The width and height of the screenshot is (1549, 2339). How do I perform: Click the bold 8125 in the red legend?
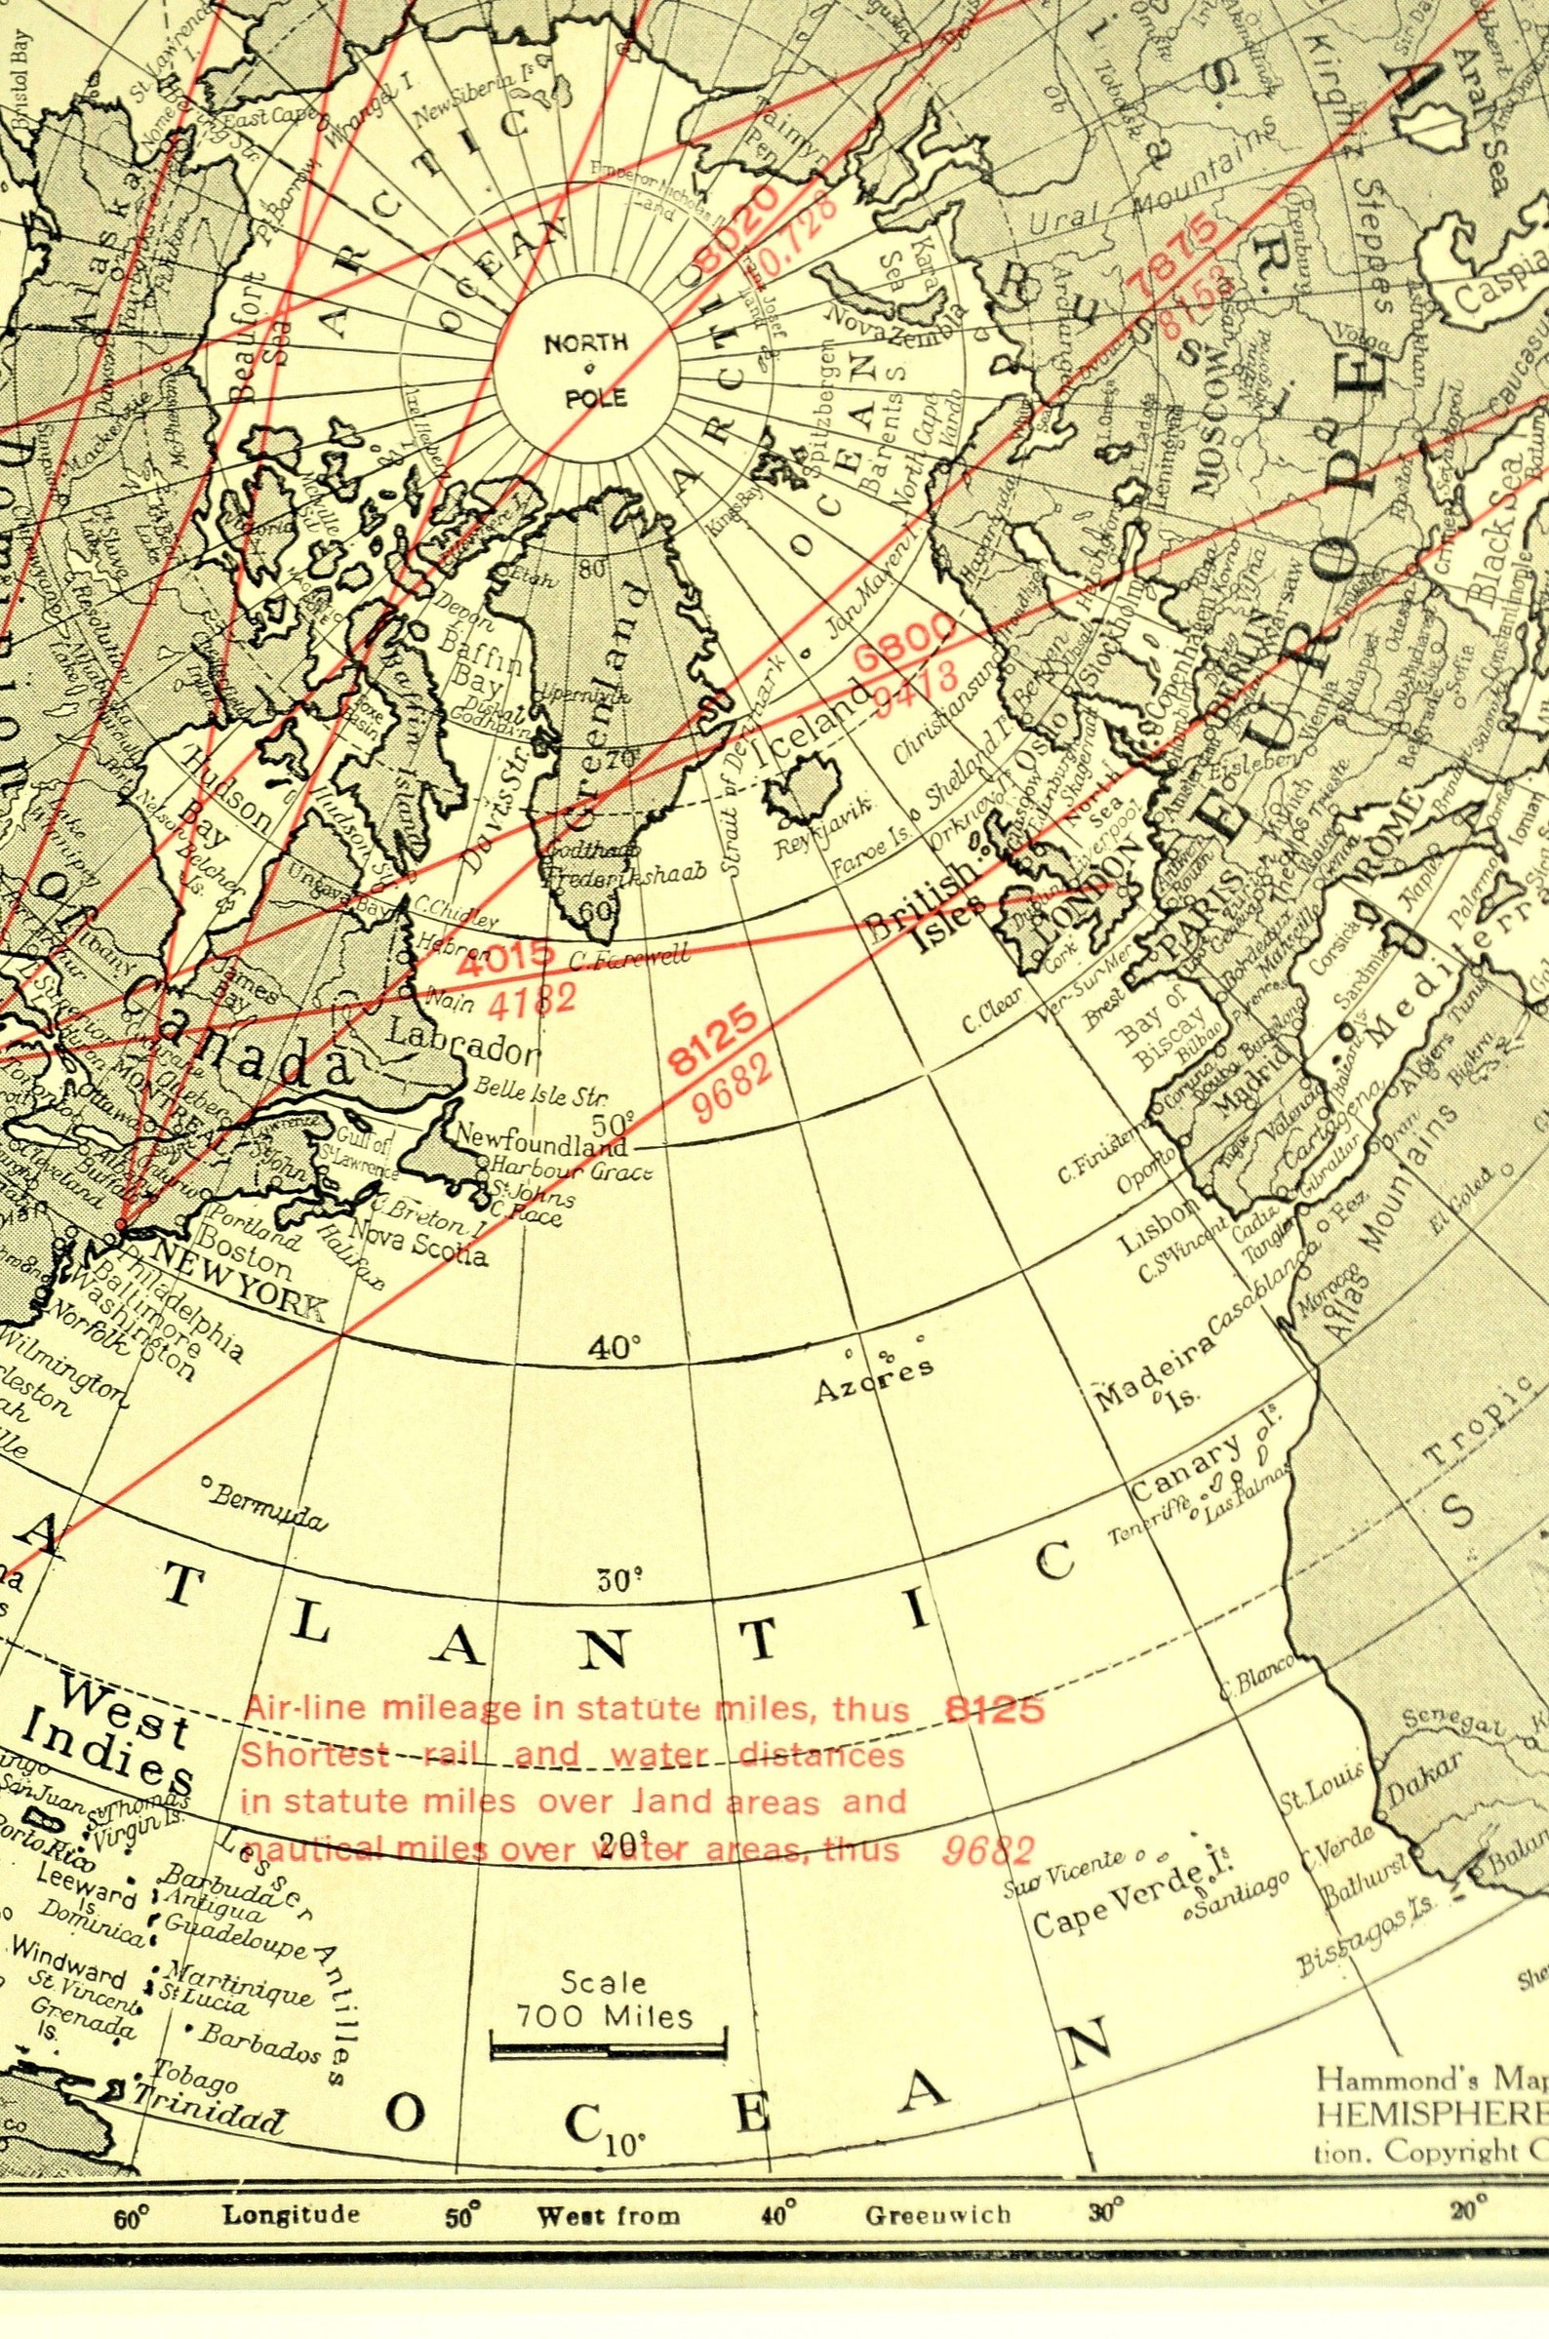tap(993, 1710)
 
